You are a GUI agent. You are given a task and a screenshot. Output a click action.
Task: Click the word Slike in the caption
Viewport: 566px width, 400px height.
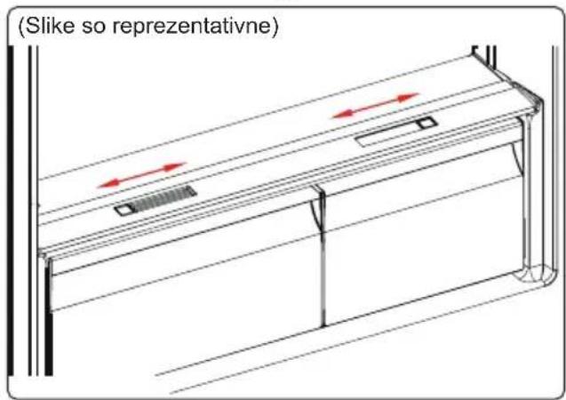[x=50, y=26]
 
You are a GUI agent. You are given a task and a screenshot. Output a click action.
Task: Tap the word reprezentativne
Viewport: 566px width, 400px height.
[x=191, y=27]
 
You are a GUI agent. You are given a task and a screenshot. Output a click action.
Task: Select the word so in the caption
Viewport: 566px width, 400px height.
[x=93, y=28]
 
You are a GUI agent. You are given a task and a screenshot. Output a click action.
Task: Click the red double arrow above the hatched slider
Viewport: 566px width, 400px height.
[x=141, y=175]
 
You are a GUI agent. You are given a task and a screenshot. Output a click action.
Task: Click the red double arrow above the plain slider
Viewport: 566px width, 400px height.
[x=376, y=106]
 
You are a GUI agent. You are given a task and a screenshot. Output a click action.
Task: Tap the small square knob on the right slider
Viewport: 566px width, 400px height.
[x=426, y=123]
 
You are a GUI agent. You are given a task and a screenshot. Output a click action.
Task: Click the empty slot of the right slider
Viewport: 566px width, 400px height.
[x=387, y=133]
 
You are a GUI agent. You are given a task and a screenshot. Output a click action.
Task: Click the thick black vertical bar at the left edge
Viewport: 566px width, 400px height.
[x=11, y=211]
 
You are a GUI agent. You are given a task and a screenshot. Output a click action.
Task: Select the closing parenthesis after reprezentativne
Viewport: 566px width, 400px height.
[x=275, y=27]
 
